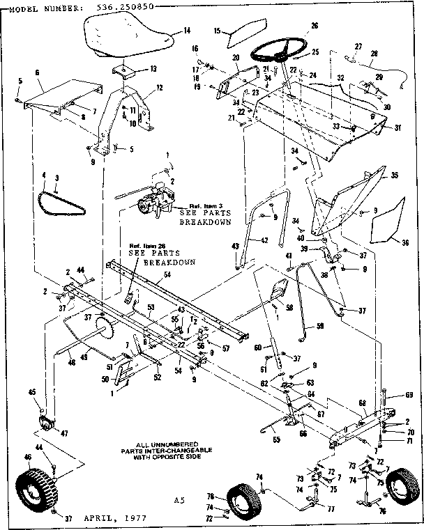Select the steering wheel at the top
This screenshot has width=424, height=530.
[279, 49]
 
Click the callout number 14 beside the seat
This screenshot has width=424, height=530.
[186, 31]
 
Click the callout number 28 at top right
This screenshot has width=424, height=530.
[374, 54]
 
